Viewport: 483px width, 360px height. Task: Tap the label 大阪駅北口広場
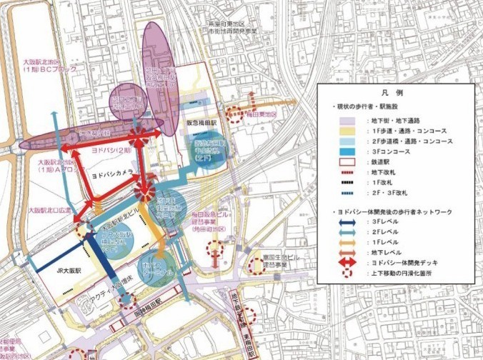51,211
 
